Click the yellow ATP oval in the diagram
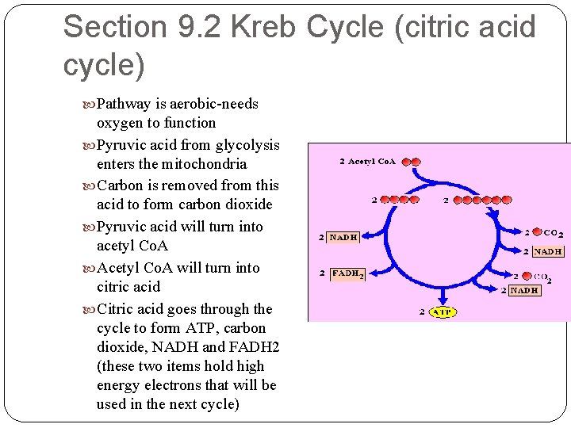coord(442,312)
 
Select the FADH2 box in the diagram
coord(347,273)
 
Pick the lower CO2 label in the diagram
coord(542,277)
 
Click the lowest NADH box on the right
coord(524,290)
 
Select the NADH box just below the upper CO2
coord(548,251)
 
